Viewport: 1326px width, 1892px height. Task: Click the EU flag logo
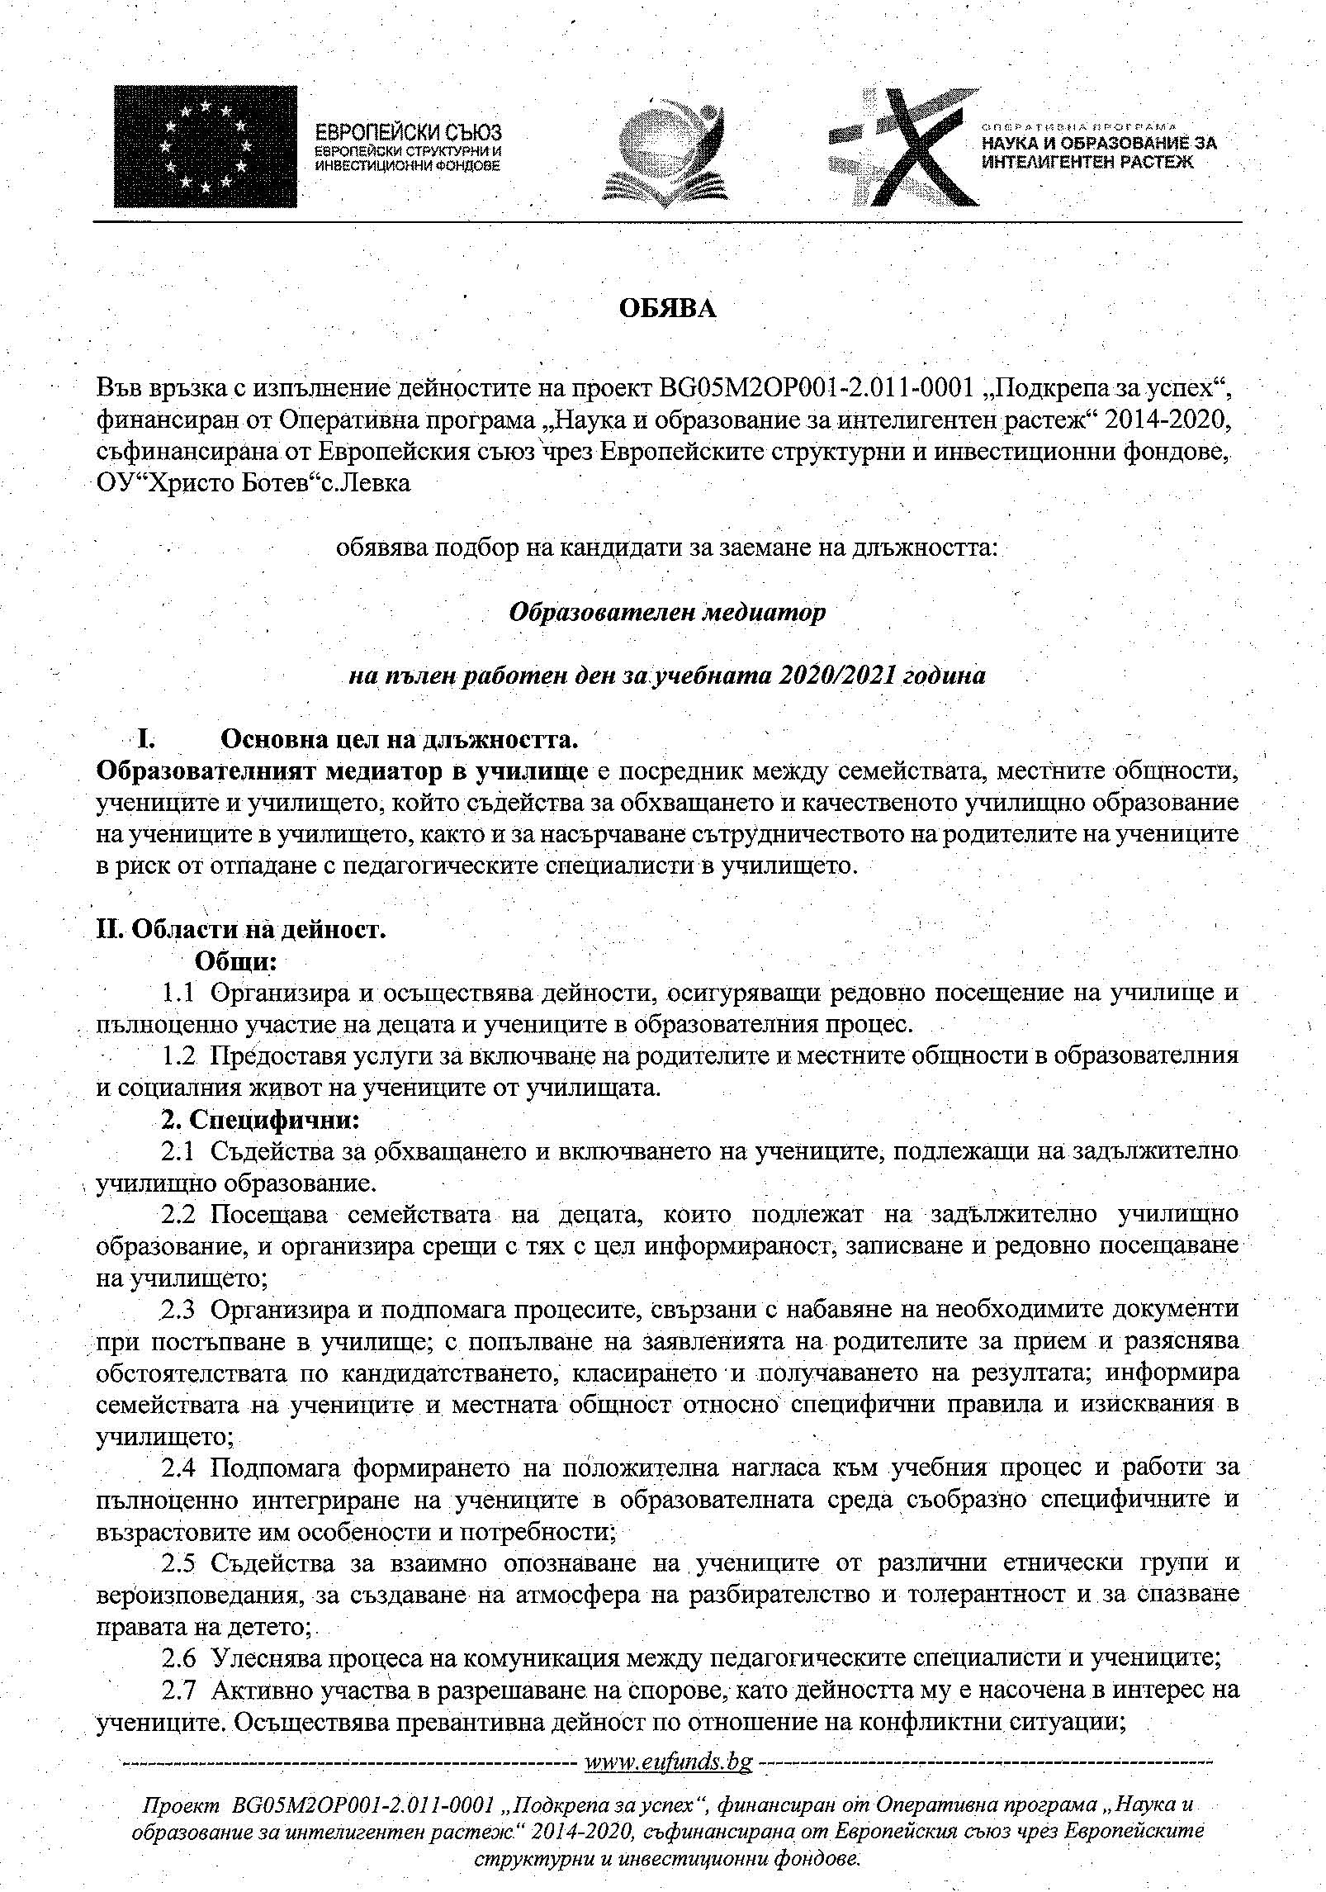tap(205, 146)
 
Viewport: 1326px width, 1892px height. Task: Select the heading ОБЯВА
tap(668, 309)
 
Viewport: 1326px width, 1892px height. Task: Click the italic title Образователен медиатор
tap(666, 613)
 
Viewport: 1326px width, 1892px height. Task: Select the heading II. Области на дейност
tap(241, 929)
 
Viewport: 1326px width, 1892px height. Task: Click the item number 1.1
tap(178, 993)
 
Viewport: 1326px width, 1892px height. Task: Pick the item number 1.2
tap(178, 1056)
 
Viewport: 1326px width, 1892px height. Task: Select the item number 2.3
tap(178, 1309)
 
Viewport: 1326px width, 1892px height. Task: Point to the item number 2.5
tap(178, 1563)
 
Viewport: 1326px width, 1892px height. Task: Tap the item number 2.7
tap(178, 1690)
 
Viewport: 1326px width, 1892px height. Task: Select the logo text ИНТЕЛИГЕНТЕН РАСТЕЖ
tap(1087, 162)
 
